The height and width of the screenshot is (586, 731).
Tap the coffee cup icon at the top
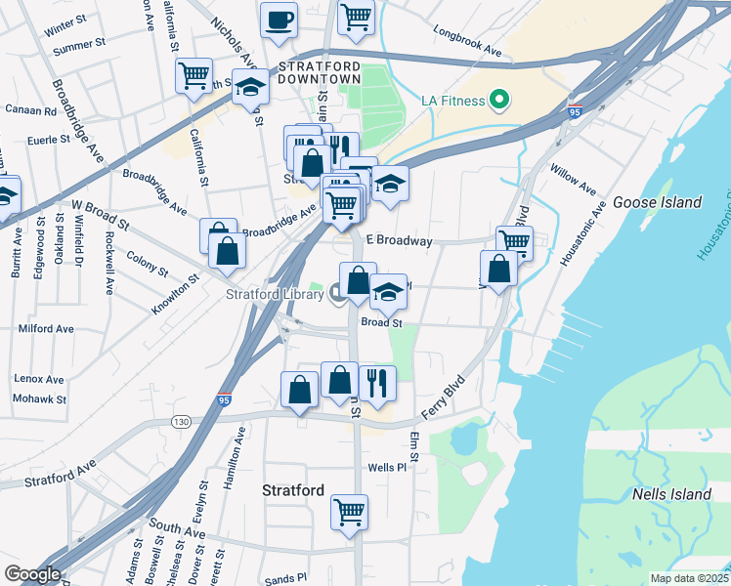coord(279,20)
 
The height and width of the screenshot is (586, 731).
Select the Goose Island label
coord(657,202)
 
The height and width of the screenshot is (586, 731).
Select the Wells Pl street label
coord(386,468)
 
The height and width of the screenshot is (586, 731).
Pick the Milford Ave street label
coord(45,329)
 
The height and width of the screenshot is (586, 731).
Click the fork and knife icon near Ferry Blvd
coord(377,381)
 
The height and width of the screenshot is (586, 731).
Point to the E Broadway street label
coord(399,240)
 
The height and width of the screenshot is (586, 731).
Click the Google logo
coord(32,574)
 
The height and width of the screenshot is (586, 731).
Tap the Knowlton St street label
coord(175,295)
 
